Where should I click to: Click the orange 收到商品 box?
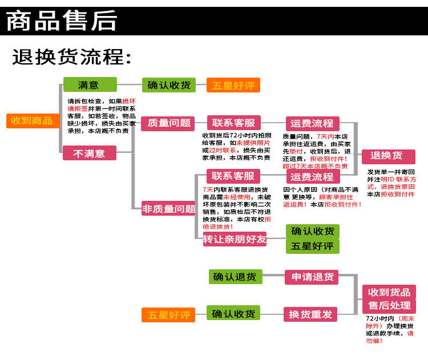[x=33, y=121]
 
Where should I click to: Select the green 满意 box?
[x=90, y=85]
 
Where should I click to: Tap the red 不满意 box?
[x=90, y=153]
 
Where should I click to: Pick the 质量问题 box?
[x=168, y=123]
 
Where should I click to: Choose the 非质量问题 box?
[x=168, y=209]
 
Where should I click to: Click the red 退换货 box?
[x=387, y=156]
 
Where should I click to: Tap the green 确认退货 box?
[x=235, y=277]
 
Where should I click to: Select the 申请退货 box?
[x=312, y=277]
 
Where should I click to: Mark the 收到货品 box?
[x=389, y=293]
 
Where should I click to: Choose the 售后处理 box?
[x=389, y=306]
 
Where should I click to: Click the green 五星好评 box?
[x=312, y=246]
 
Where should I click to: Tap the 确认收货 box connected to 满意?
[x=168, y=85]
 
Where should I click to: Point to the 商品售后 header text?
[x=62, y=22]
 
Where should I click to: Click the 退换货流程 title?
[x=72, y=57]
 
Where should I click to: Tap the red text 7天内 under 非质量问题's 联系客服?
[x=207, y=189]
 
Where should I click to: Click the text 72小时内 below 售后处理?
[x=379, y=318]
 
